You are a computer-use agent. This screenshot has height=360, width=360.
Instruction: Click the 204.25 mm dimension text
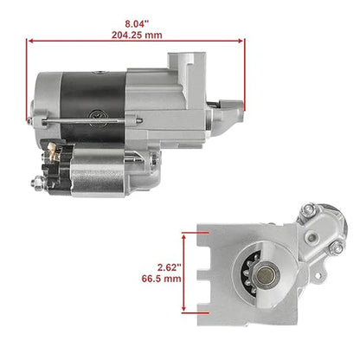[x=138, y=35]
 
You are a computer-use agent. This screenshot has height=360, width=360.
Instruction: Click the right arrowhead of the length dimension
[x=245, y=39]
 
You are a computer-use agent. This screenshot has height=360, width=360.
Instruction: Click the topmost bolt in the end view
[x=310, y=210]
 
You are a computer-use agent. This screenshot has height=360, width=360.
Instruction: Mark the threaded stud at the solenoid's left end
[x=37, y=183]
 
